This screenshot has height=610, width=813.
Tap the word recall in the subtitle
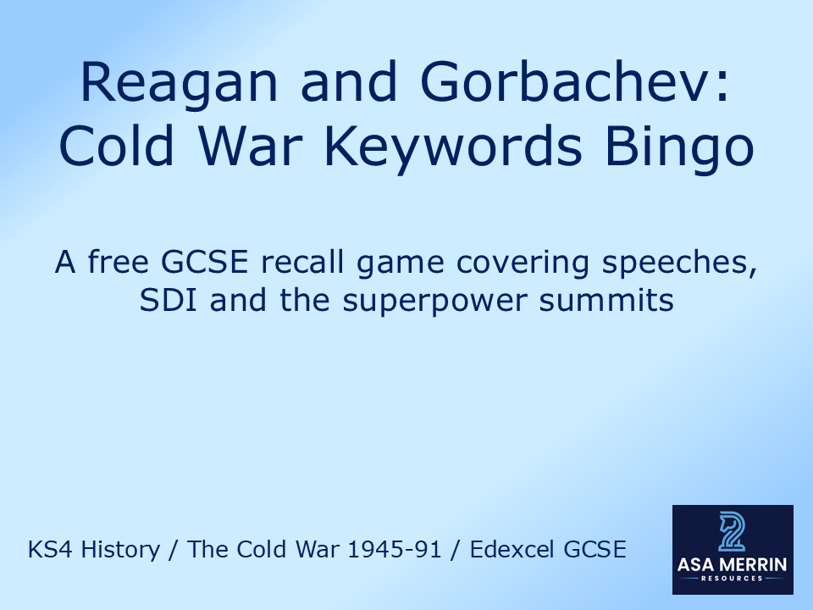coord(304,263)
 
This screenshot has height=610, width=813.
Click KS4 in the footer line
coord(48,550)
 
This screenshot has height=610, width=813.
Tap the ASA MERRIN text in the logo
coord(733,563)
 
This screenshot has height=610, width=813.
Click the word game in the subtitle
coord(401,264)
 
